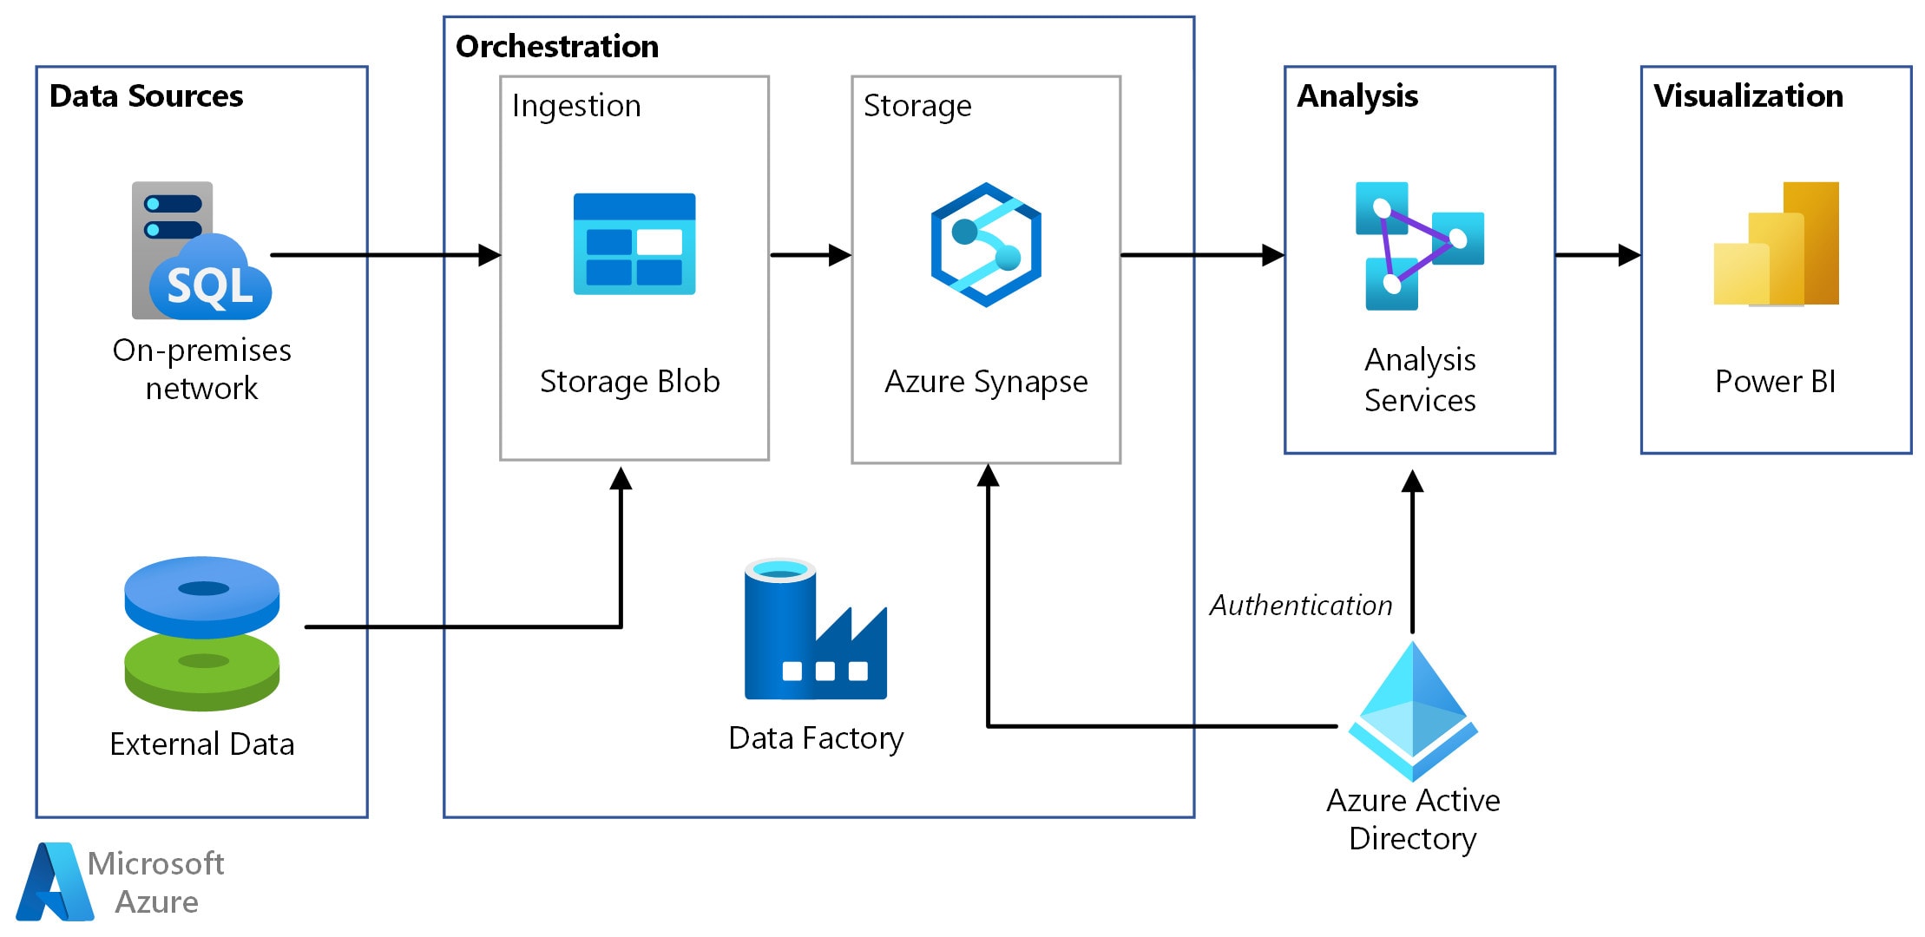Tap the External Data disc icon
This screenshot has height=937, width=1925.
point(201,633)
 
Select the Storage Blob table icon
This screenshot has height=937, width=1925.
point(634,244)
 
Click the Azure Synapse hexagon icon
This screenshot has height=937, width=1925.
point(986,245)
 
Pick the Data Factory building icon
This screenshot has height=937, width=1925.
point(815,630)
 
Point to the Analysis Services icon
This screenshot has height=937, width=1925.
point(1419,246)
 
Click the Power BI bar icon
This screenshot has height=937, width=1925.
point(1776,244)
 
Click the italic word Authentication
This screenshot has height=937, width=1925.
point(1300,605)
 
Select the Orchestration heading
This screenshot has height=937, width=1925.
point(556,46)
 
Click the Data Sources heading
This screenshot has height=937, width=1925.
point(146,95)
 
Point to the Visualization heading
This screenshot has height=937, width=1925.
point(1748,95)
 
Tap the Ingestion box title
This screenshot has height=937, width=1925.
point(576,106)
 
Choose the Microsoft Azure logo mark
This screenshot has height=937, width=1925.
point(55,881)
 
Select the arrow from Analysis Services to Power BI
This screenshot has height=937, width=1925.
point(1597,255)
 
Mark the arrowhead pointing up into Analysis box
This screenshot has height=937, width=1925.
point(1413,482)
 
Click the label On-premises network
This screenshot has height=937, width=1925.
point(201,369)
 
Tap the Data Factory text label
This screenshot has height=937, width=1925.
point(816,738)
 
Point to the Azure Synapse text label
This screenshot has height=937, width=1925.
point(986,382)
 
